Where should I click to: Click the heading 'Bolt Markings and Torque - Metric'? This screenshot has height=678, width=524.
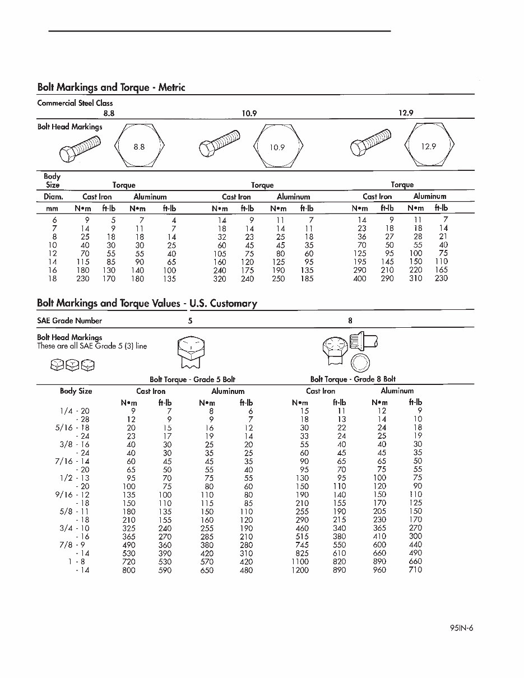click(x=111, y=87)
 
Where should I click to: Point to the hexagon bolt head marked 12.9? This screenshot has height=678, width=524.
click(x=428, y=146)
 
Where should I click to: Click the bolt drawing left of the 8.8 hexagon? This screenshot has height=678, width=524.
click(x=80, y=148)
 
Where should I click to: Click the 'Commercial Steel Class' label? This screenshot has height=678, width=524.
click(x=75, y=103)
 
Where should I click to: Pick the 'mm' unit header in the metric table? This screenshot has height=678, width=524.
click(x=52, y=208)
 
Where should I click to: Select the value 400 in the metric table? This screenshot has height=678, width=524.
click(x=359, y=278)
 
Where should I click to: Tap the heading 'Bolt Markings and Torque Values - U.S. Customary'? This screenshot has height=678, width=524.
click(x=147, y=304)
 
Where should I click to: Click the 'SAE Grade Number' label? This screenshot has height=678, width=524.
click(x=69, y=321)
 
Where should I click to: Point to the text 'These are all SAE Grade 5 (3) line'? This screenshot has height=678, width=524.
click(x=92, y=346)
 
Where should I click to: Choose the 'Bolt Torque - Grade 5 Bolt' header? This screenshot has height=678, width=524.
click(x=192, y=379)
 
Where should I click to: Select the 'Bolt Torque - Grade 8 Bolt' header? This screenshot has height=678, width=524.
click(x=353, y=379)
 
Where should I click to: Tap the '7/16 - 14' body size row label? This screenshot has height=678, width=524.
click(x=75, y=461)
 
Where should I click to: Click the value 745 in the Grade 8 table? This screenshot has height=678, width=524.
click(x=300, y=545)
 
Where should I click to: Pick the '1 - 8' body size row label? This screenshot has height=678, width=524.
click(x=78, y=562)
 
